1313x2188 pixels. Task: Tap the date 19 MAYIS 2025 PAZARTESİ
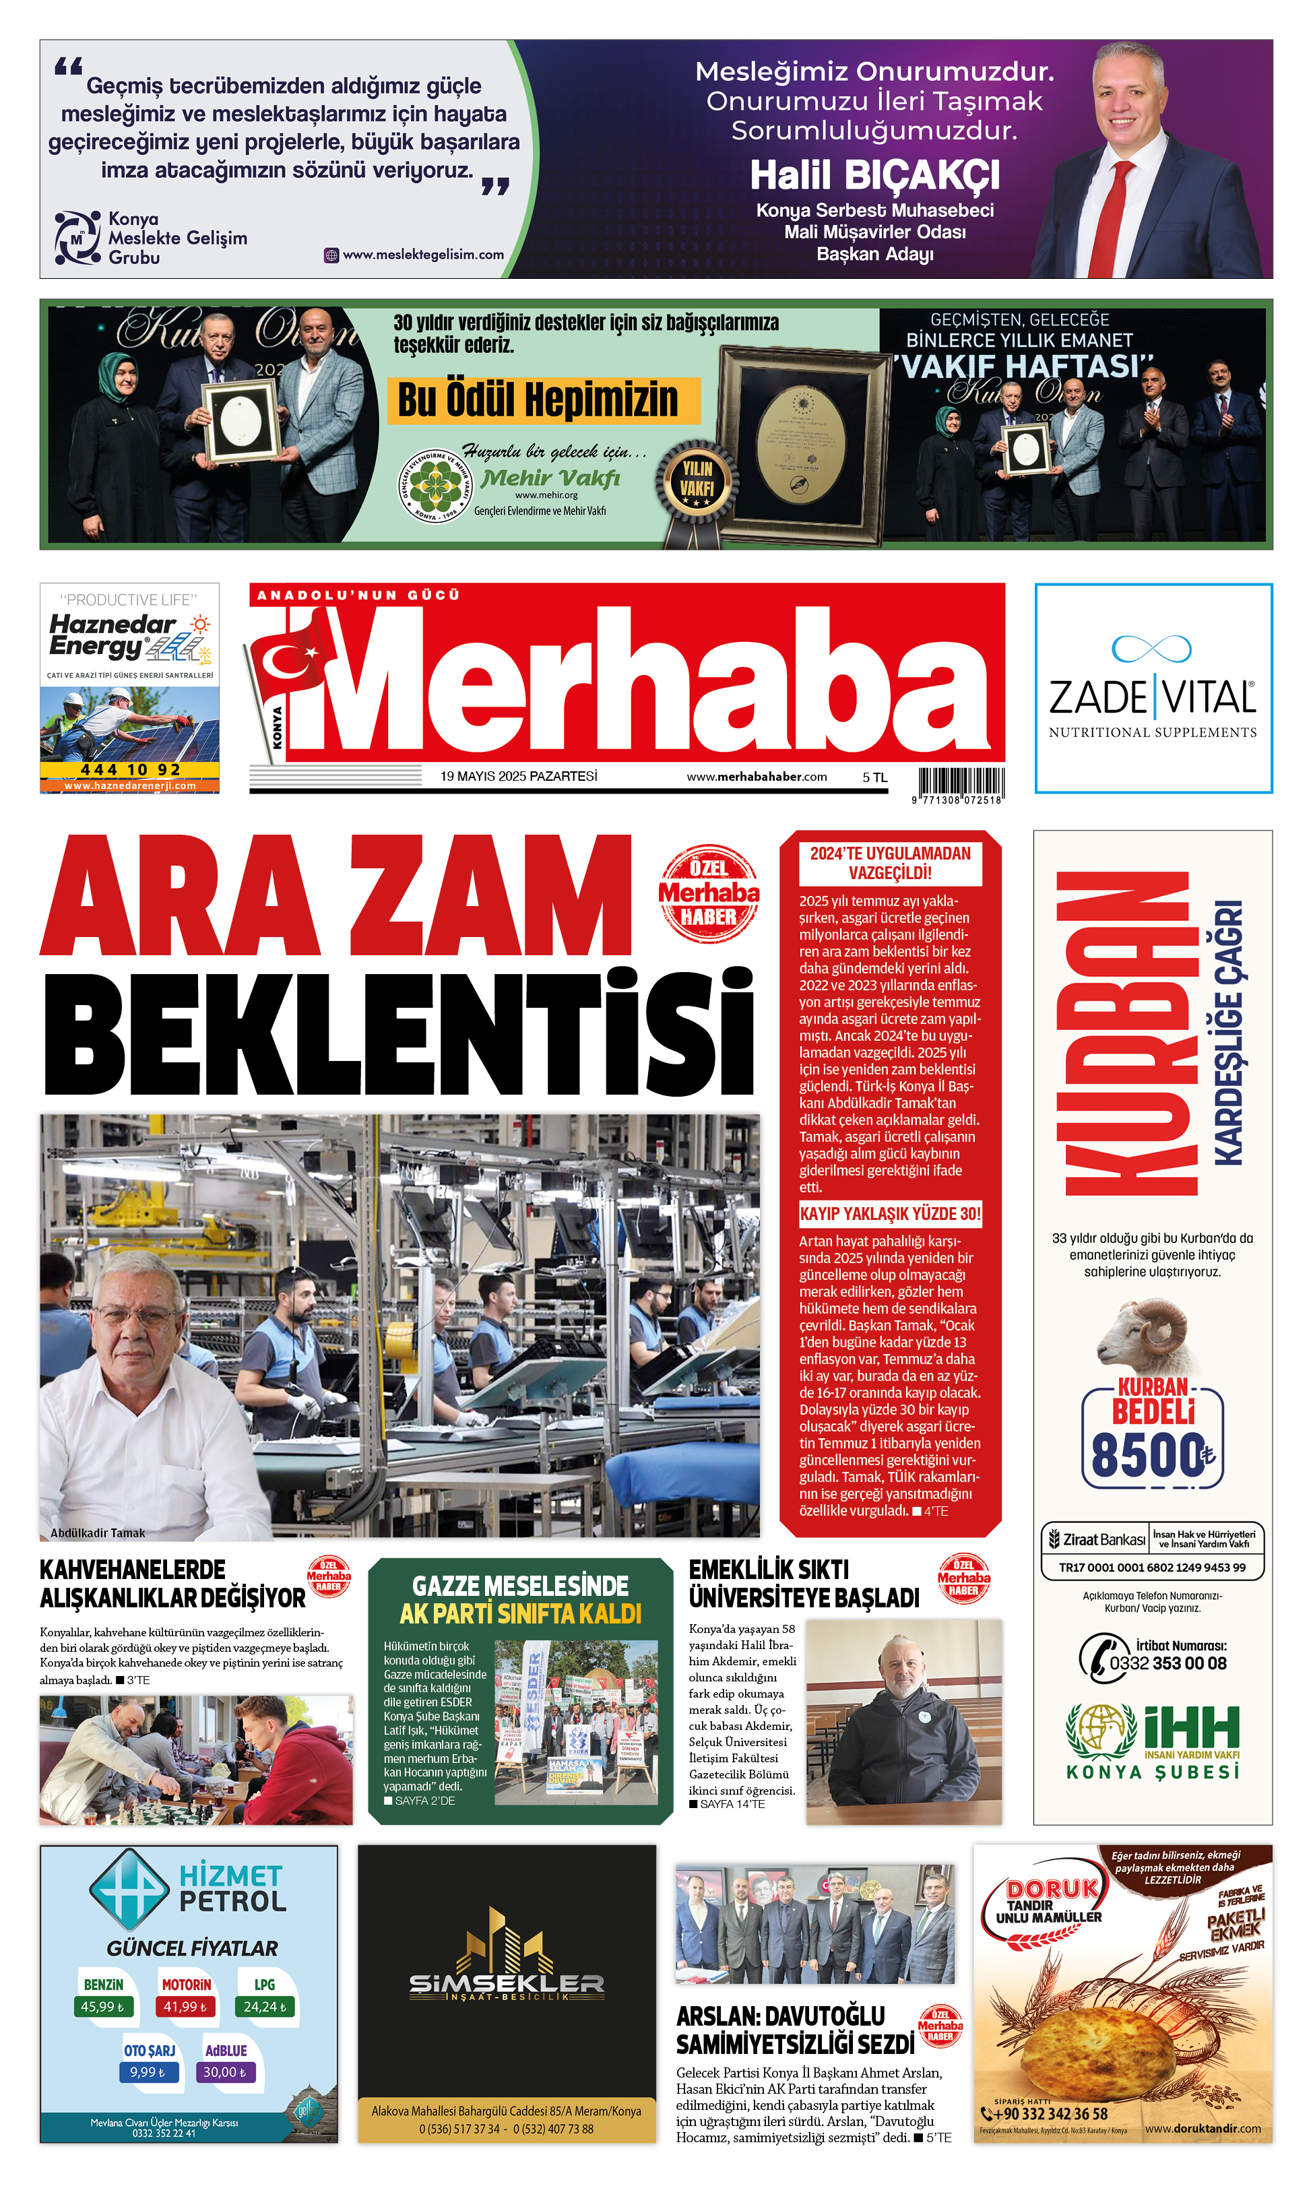(x=519, y=776)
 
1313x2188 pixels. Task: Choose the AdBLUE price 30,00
(x=225, y=2072)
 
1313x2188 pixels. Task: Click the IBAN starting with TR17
(x=1152, y=1567)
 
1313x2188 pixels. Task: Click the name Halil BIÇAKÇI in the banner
(x=874, y=175)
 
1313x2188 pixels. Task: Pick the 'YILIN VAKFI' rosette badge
(x=697, y=482)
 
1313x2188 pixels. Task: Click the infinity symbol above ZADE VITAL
(x=1151, y=649)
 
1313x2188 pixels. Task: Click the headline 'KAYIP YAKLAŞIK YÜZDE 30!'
(x=890, y=1213)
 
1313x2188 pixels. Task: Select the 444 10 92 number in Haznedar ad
(x=130, y=770)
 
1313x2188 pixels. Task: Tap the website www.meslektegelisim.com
(x=423, y=255)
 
